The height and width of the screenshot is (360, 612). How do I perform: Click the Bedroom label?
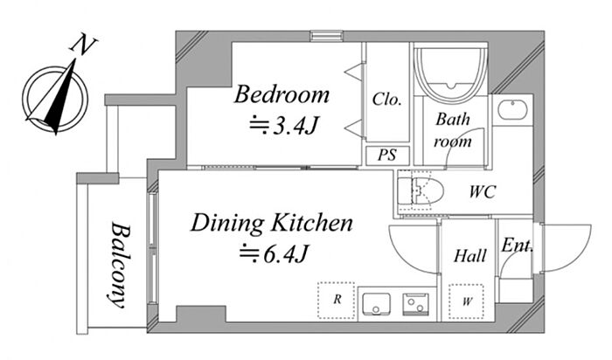[x=282, y=94]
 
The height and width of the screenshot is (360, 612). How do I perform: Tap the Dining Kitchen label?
[x=272, y=223]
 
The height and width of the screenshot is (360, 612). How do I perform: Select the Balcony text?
[x=118, y=266]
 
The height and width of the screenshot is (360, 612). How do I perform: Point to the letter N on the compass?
[x=83, y=44]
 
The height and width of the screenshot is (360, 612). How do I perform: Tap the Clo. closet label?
[x=386, y=99]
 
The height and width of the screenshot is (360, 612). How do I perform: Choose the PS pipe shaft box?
[x=387, y=156]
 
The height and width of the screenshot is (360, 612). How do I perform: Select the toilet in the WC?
[x=421, y=190]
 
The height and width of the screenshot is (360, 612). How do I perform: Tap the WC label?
[x=483, y=191]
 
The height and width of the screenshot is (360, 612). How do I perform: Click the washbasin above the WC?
[x=512, y=109]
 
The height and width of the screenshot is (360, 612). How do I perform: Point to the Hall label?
[x=470, y=256]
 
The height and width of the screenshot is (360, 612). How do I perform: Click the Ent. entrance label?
[x=517, y=246]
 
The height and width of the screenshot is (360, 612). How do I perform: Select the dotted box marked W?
[x=466, y=301]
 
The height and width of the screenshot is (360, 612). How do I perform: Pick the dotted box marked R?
[x=336, y=300]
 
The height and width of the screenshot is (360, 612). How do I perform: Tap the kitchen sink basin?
[x=376, y=304]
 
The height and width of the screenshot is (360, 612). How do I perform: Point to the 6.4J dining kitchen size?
[x=275, y=254]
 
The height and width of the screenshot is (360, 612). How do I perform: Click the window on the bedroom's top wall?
[x=327, y=36]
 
